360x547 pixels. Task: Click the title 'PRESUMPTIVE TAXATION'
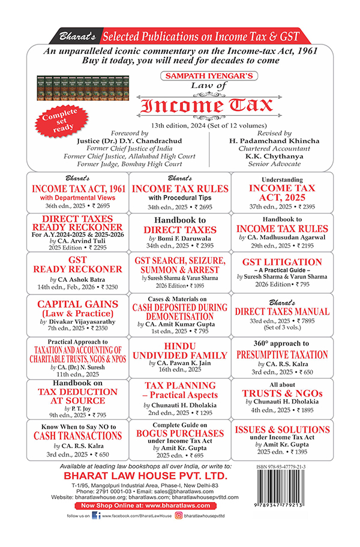[x=282, y=354]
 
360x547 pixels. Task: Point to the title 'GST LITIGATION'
[x=282, y=262]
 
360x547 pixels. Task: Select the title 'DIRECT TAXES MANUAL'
[x=282, y=312]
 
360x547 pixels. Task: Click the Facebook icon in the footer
[x=96, y=531]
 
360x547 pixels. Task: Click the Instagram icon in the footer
[x=179, y=531]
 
